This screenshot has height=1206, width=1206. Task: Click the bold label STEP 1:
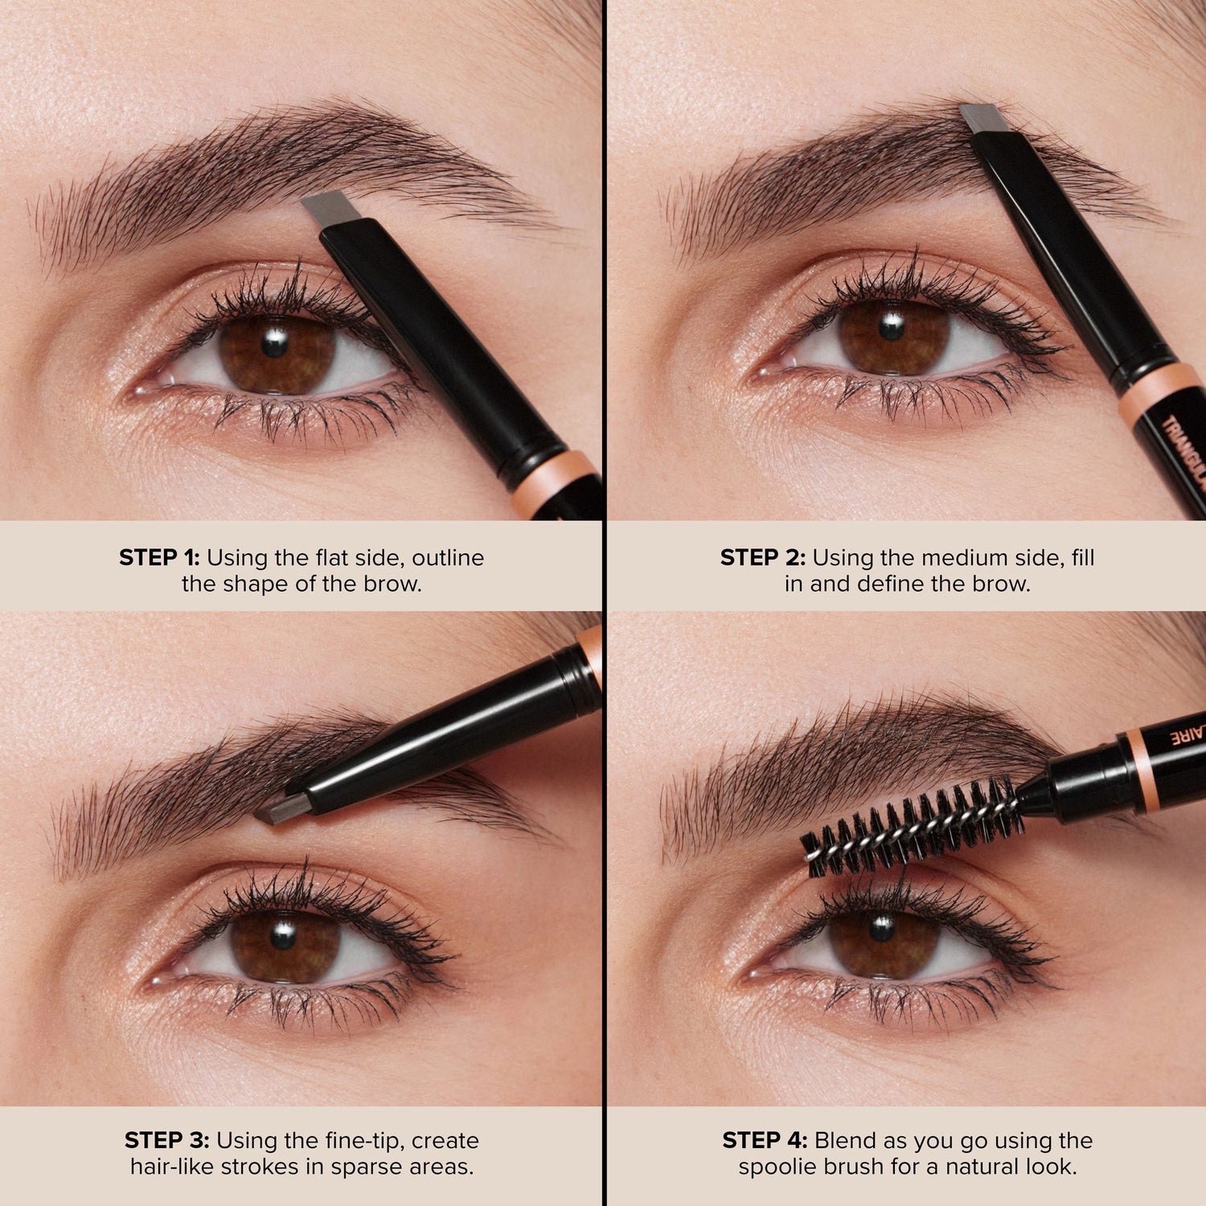158,557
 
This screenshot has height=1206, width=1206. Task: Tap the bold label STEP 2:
761,557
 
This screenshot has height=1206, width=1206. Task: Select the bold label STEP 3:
166,1140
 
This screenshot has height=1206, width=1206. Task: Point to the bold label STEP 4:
764,1140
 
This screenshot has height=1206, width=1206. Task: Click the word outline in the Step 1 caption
448,557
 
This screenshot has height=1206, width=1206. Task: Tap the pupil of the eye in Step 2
891,326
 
